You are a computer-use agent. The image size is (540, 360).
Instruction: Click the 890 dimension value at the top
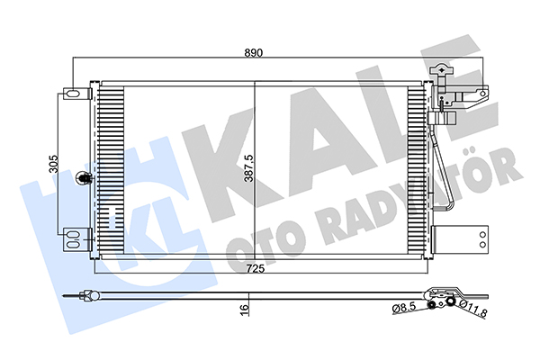coord(254,53)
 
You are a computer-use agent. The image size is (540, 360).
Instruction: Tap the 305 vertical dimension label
coord(54,164)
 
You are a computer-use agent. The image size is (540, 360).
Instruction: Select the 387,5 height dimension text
coord(248,168)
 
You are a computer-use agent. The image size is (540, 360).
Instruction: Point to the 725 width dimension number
coord(256,268)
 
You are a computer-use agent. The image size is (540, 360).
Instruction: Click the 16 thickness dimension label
coord(244,309)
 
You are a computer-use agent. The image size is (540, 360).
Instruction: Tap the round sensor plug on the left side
coord(83,178)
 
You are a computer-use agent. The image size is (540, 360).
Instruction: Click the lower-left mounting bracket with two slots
coord(76,239)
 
